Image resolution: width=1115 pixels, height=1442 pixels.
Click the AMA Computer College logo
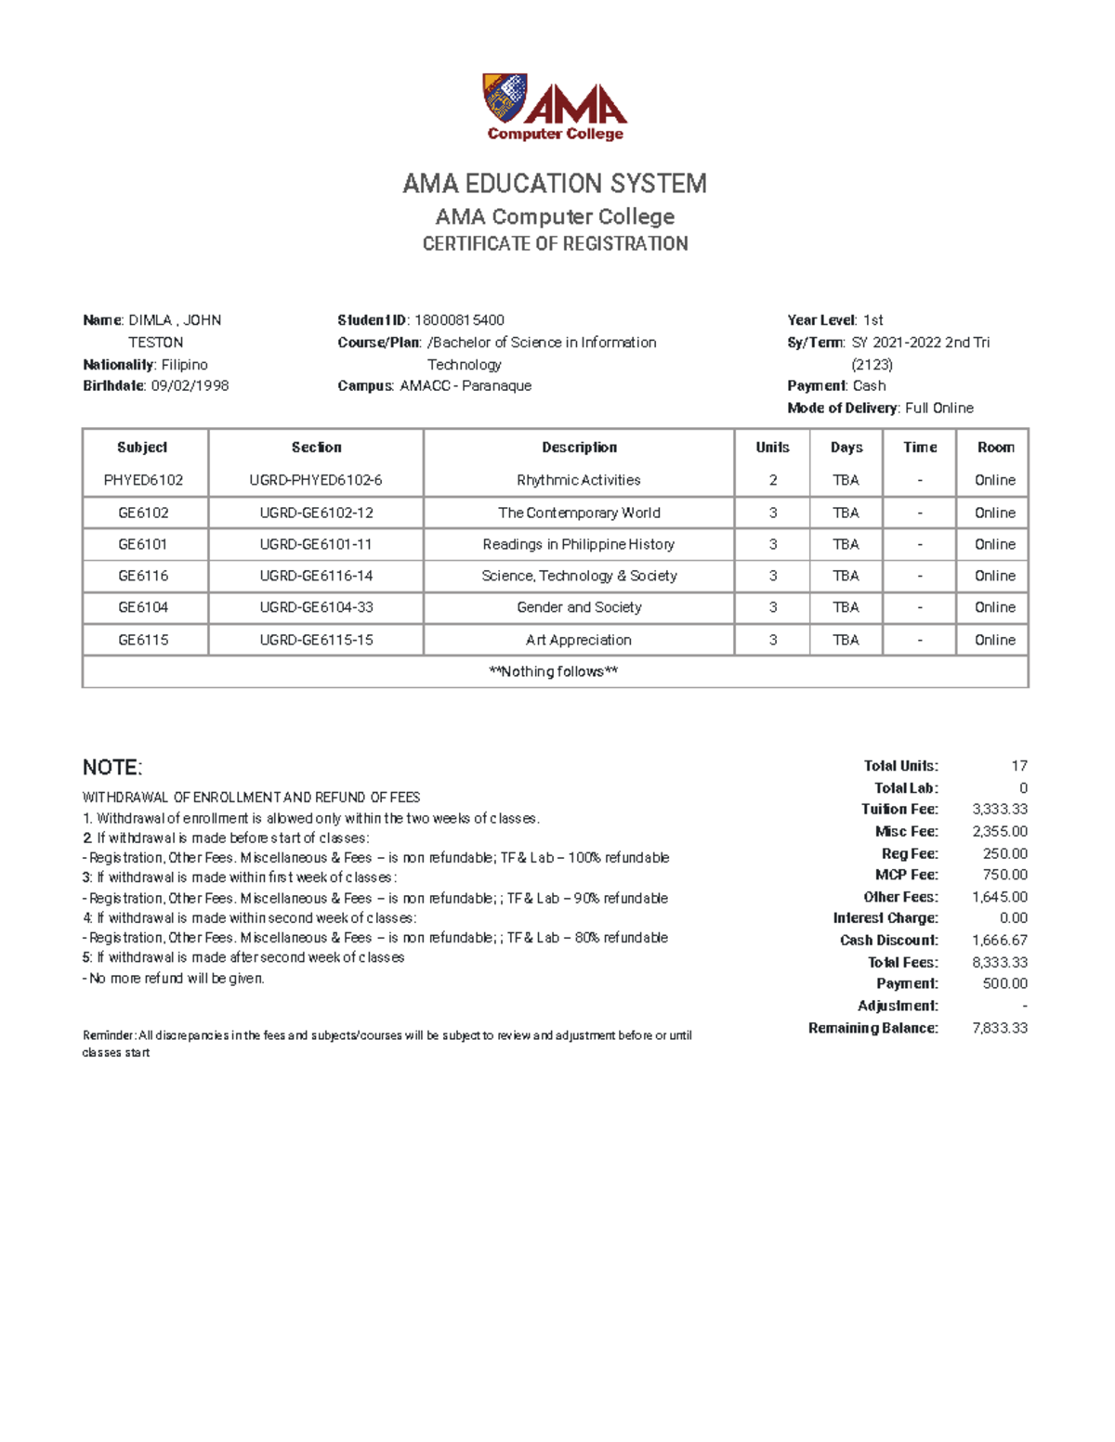coord(555,107)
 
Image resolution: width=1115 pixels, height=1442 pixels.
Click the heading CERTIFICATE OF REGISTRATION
coord(555,243)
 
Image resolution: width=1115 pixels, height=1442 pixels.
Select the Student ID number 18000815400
coord(459,320)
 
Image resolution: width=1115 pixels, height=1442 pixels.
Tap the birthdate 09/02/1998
coord(190,385)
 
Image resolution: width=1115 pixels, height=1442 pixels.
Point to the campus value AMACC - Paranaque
coord(466,385)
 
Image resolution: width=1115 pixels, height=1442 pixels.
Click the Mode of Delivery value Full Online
coord(938,408)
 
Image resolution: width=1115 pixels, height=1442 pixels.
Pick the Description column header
coord(579,448)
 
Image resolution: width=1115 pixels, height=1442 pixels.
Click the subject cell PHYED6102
coord(143,480)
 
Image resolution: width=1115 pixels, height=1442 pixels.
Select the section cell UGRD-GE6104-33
coord(316,607)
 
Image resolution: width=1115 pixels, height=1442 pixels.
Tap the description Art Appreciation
coord(578,640)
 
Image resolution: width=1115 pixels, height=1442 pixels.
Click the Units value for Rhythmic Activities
coord(772,480)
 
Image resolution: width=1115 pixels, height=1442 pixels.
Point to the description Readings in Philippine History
coord(578,544)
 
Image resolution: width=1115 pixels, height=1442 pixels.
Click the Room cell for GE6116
coord(994,576)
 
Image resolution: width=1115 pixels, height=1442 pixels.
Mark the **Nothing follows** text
coord(554,671)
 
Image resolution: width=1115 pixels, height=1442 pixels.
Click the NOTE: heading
coord(112,767)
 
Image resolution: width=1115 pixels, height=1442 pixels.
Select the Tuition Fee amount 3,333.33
coord(999,809)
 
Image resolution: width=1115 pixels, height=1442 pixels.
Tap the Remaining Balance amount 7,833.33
coord(999,1028)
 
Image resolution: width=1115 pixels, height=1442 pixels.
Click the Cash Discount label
coord(888,940)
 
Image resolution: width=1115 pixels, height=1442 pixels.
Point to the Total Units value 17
coord(1018,766)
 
